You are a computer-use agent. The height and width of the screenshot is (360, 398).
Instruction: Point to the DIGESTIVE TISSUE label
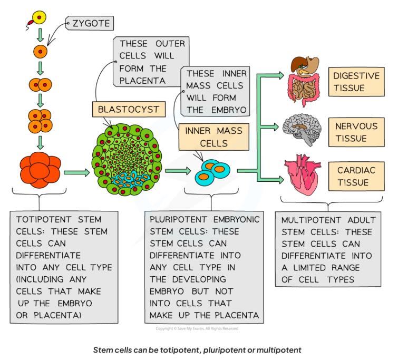356,81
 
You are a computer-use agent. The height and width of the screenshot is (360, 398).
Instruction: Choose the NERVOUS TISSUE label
356,131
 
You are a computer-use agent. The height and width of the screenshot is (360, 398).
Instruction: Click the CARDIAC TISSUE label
356,177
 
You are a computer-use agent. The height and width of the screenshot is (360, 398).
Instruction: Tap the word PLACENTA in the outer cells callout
142,81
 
